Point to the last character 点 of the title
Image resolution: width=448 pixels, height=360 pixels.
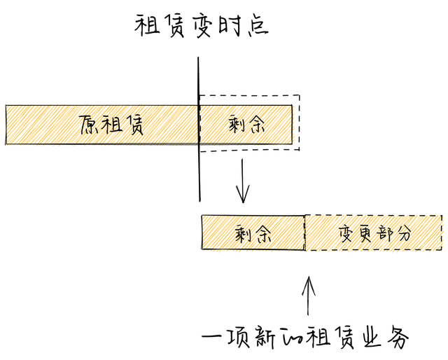point(257,26)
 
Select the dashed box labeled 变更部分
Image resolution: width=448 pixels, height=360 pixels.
point(374,232)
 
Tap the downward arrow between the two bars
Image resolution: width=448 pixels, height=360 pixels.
point(242,181)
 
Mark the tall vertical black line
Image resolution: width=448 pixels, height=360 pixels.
point(200,126)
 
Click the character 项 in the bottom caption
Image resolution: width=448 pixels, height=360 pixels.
point(244,337)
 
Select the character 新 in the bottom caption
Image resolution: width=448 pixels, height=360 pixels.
point(274,337)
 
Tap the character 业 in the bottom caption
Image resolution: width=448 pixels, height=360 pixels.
point(370,337)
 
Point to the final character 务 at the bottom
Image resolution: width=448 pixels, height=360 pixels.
point(397,338)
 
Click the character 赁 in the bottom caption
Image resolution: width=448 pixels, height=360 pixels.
point(342,337)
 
